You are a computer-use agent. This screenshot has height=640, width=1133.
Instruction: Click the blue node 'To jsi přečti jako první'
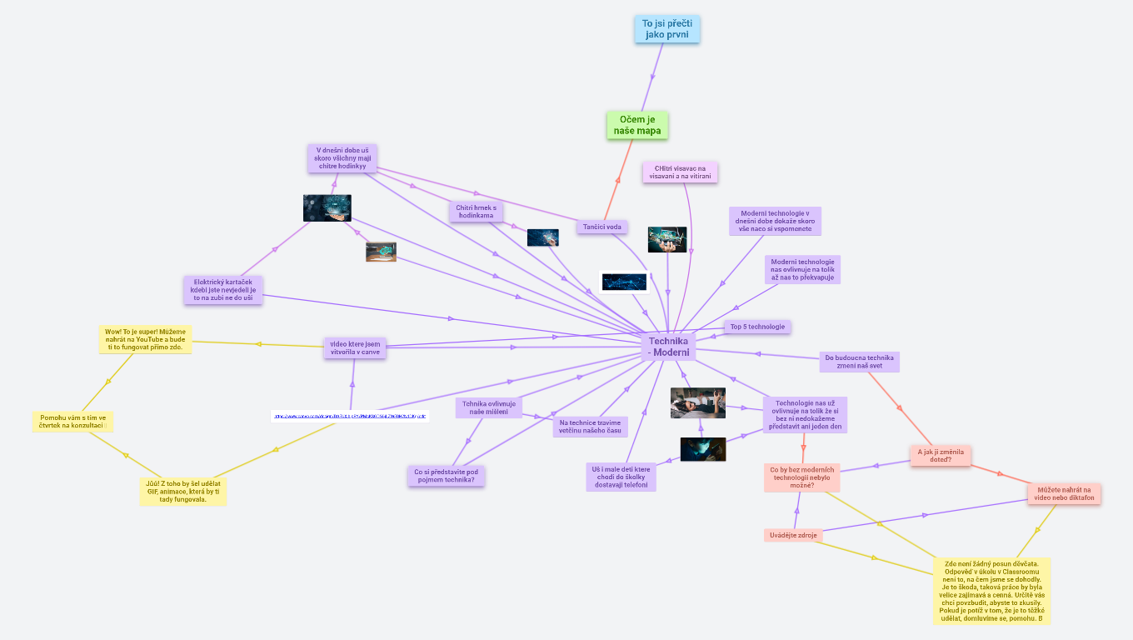coord(666,28)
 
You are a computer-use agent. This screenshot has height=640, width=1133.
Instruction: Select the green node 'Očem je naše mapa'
coord(637,125)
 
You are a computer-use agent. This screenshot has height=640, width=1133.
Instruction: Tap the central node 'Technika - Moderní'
coord(668,347)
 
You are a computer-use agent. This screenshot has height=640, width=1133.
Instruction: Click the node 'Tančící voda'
coord(601,227)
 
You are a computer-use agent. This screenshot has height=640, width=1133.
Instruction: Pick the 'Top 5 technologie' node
coord(757,327)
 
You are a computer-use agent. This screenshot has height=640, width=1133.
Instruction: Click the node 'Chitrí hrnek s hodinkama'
coord(476,212)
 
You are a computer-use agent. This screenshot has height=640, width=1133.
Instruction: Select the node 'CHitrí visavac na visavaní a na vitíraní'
coord(680,172)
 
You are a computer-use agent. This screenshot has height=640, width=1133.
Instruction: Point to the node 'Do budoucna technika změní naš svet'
coord(859,362)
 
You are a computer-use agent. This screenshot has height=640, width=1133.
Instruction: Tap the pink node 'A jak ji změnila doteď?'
coord(941,455)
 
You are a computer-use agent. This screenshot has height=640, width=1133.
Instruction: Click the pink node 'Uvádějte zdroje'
coord(793,535)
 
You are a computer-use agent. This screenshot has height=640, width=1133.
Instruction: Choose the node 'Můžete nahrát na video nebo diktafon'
coord(1064,494)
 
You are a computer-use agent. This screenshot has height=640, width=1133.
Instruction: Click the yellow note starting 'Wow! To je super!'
coord(145,339)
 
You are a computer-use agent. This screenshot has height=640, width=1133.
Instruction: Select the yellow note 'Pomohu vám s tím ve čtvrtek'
coord(72,422)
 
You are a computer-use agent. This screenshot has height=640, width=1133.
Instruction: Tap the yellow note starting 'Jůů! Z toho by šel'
coord(182,491)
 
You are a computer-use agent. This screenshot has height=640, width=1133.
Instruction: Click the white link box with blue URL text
coord(350,416)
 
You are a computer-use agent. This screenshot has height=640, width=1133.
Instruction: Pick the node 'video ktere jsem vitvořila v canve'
coord(355,347)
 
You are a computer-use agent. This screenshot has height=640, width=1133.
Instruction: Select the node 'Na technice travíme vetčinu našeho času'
coord(590,427)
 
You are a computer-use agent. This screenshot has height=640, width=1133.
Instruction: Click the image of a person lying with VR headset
coord(697,403)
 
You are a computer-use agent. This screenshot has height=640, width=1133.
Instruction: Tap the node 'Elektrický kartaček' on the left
coord(222,290)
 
